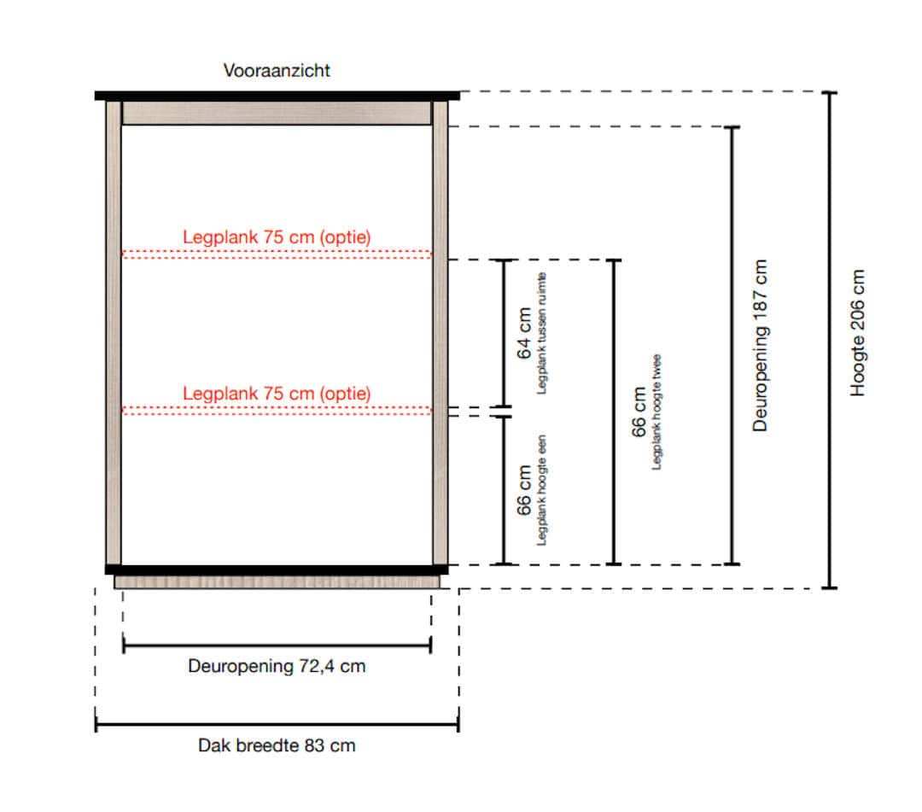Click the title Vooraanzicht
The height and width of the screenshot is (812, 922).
(277, 71)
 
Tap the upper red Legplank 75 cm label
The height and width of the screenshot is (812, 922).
(277, 237)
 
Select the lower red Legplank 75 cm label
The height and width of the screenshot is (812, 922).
(277, 394)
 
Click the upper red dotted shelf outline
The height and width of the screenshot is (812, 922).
(277, 254)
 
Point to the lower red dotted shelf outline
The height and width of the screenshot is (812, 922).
(277, 411)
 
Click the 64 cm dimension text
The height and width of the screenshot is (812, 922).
(524, 333)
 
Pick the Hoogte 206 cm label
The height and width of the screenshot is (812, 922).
(858, 333)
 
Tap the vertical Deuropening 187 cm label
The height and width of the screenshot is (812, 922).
(761, 346)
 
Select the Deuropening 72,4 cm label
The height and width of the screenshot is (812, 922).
(277, 666)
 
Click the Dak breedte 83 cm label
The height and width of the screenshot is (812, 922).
(277, 745)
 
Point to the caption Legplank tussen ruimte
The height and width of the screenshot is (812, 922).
(541, 333)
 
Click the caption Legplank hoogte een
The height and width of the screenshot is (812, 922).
(541, 490)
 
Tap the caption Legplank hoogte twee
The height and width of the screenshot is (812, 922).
(656, 412)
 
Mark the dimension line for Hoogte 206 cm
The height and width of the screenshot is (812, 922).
(830, 340)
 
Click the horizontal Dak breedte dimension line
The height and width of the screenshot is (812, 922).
(277, 725)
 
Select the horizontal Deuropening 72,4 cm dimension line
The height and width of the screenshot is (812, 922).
(277, 646)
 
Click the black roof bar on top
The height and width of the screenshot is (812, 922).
(277, 96)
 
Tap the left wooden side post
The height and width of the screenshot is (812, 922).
(114, 333)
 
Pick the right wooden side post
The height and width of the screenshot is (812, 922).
(440, 333)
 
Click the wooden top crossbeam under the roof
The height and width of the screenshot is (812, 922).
(277, 113)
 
